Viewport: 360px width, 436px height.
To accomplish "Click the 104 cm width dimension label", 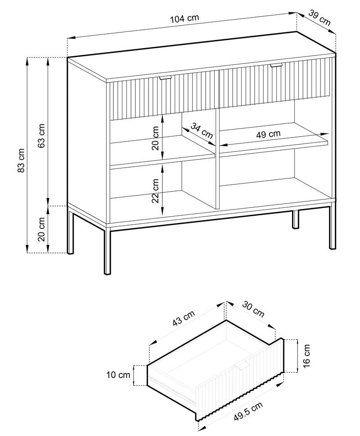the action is pos(184,18).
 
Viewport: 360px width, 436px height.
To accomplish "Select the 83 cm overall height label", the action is pos(22,160).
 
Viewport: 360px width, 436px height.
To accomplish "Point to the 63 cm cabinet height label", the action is pos(41,136).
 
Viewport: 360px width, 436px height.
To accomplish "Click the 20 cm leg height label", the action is pos(41,229).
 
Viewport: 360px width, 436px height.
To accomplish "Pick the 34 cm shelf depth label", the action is pos(202,131).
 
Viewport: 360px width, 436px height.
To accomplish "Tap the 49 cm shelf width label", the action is pos(268,134).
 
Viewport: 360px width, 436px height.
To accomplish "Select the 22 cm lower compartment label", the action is pos(155,191).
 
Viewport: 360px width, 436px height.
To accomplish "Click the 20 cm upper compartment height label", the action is pos(155,138).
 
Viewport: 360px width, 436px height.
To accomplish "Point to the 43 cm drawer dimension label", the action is pos(184,318).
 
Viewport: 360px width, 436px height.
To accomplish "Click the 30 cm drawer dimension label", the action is pos(253,309).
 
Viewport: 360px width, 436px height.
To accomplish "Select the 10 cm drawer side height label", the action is pos(118,375).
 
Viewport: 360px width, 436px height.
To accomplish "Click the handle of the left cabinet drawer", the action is pos(166,78).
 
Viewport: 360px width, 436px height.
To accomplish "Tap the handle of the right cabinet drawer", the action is pos(276,65).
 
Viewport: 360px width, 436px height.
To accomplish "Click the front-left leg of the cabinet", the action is pos(108,250).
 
